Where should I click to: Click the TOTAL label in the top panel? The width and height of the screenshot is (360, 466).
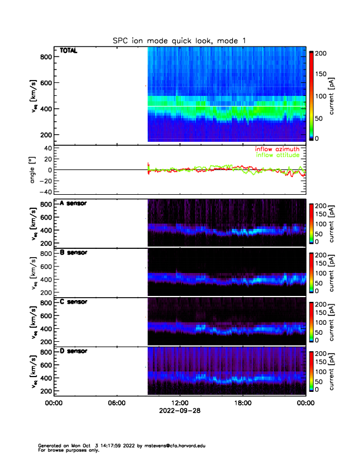[68, 52]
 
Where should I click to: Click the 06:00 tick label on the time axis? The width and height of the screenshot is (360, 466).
[116, 403]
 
